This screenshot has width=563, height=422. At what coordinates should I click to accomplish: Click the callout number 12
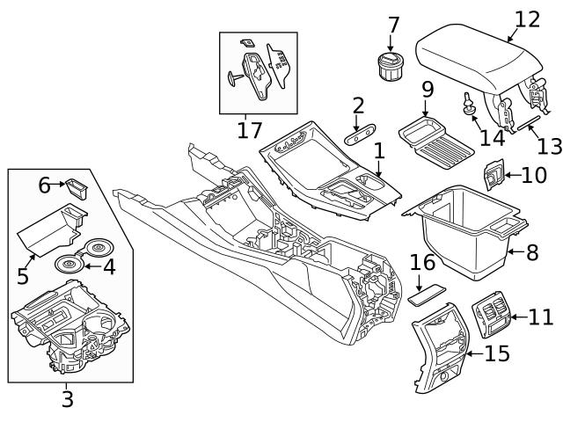(527, 19)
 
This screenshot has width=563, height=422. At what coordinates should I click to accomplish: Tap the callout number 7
(392, 25)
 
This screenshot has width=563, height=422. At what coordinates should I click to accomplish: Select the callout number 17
(250, 131)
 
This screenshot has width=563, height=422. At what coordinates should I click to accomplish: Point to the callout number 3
(67, 400)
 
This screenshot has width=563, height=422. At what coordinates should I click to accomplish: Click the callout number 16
(423, 263)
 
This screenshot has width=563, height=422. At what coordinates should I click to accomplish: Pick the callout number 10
(533, 175)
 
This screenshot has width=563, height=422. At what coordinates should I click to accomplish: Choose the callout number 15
(497, 353)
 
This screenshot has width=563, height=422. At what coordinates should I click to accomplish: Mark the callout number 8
(532, 252)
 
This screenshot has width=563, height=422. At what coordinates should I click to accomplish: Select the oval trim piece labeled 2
(360, 136)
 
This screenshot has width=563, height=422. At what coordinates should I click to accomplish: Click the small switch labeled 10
(494, 177)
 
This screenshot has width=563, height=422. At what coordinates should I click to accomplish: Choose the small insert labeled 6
(77, 186)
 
